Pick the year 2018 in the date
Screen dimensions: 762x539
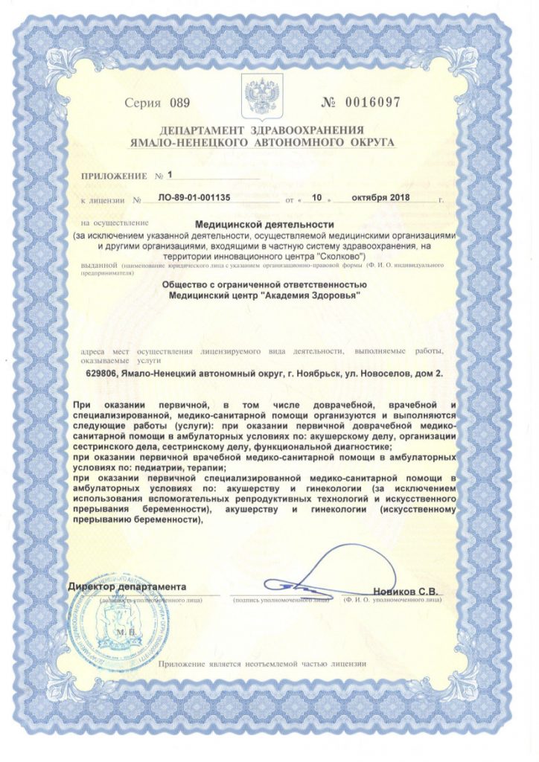[397, 199]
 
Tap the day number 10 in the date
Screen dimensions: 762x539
[316, 199]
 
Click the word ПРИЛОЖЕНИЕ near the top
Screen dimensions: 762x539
[114, 176]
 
